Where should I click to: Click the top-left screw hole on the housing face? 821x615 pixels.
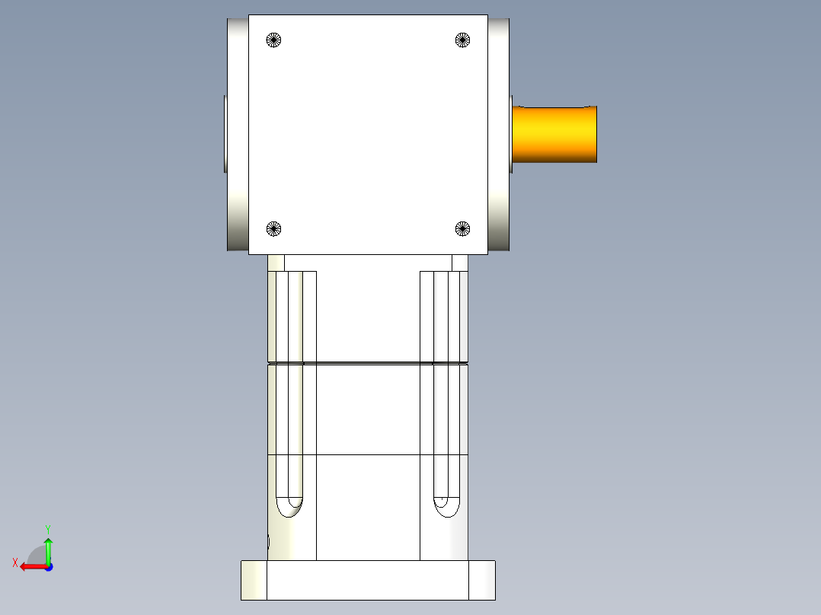(x=274, y=40)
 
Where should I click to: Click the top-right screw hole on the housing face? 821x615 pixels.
(x=462, y=40)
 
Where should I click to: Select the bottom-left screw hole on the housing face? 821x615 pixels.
(x=274, y=228)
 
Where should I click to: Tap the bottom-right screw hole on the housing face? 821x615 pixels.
(x=462, y=228)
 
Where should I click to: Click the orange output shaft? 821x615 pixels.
(x=554, y=134)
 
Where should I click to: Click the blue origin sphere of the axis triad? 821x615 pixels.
(x=48, y=566)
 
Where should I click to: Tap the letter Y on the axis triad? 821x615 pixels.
(x=47, y=528)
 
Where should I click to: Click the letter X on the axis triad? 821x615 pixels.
(x=14, y=562)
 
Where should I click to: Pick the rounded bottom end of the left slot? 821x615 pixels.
(x=289, y=507)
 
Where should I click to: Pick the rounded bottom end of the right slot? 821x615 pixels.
(x=446, y=507)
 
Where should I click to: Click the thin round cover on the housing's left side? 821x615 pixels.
(x=225, y=134)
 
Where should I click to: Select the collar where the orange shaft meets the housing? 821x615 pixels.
(x=511, y=134)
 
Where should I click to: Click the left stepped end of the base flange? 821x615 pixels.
(x=254, y=580)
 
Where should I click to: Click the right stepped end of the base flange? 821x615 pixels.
(x=482, y=580)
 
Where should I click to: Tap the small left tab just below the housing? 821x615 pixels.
(x=276, y=263)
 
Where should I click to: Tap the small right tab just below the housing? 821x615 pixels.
(x=460, y=263)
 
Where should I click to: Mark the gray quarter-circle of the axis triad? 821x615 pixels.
(x=36, y=555)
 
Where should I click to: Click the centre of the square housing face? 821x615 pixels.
(x=368, y=134)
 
